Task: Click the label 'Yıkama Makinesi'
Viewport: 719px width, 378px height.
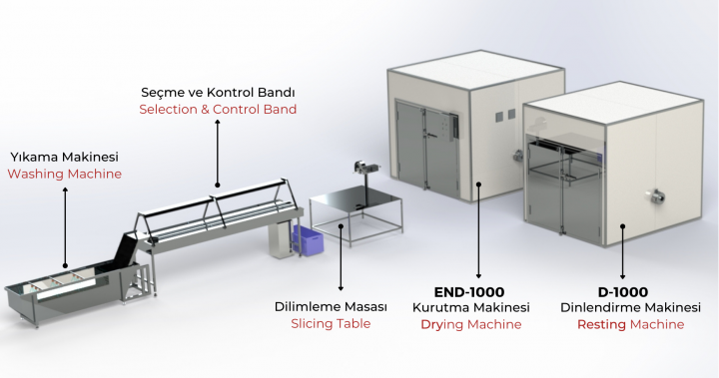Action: coord(65,157)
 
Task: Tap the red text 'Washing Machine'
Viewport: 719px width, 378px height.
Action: coord(65,175)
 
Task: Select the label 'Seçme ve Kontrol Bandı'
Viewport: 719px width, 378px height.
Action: coord(218,93)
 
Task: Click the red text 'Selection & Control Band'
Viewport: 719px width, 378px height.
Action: coord(218,110)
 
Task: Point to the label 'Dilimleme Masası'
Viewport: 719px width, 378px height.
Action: coord(331,306)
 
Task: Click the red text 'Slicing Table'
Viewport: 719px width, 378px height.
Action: coord(331,323)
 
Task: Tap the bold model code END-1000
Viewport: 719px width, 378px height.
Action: coord(469,292)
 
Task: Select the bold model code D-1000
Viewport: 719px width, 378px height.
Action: coord(623,292)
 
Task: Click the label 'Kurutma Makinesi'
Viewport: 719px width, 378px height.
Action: coord(471,307)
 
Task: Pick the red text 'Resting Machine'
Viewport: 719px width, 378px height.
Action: coord(630,324)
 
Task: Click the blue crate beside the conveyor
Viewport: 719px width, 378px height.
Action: coord(309,238)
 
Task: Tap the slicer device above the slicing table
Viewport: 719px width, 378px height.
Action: coord(365,168)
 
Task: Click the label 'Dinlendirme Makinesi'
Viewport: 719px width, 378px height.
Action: coord(630,307)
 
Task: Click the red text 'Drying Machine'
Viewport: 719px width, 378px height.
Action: coord(471,324)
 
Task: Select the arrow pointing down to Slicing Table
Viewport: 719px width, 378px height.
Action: coord(341,257)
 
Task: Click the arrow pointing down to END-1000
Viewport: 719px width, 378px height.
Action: coord(478,230)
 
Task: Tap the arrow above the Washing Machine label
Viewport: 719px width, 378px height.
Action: coord(65,227)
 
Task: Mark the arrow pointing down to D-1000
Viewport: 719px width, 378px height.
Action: coord(623,251)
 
